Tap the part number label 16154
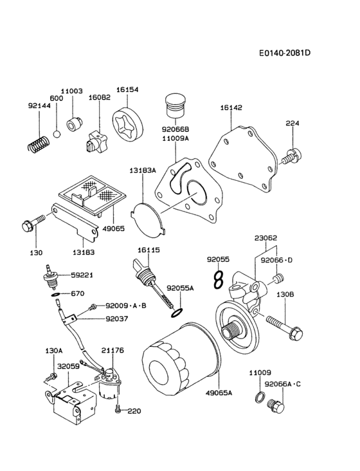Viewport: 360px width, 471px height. point(127,91)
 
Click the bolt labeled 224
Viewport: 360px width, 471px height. point(292,154)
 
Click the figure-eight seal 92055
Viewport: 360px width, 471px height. point(218,280)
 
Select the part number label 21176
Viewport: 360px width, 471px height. point(112,351)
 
